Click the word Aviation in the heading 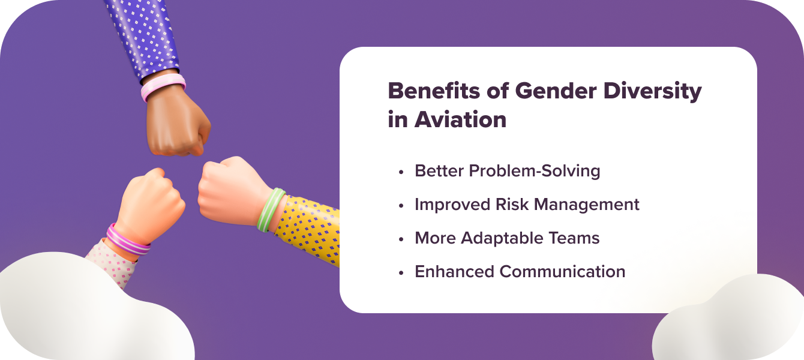[x=460, y=119]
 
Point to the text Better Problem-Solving [x=507, y=171]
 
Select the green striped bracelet [x=270, y=210]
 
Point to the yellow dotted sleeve [x=309, y=228]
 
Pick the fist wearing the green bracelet [x=228, y=189]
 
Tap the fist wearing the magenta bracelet [x=150, y=201]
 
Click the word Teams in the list [x=575, y=238]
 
